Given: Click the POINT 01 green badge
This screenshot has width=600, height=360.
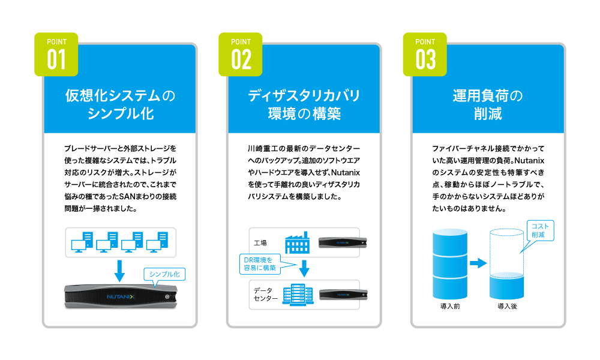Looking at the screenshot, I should tap(56, 54).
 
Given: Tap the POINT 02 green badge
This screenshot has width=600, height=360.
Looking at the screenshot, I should tap(240, 54).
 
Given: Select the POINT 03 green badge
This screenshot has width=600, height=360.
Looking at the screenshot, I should tap(424, 54).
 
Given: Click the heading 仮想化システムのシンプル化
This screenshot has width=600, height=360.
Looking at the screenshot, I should tap(120, 104).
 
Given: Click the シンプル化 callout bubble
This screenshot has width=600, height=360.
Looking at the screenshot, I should tap(164, 274).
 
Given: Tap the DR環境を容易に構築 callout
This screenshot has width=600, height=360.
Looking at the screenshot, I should tap(260, 263).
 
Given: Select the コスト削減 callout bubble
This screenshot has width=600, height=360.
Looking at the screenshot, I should tap(539, 230).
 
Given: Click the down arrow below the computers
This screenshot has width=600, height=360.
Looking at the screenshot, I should tap(119, 270).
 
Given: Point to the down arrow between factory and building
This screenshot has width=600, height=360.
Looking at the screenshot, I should tap(304, 268).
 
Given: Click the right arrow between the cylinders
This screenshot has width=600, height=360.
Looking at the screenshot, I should tap(478, 263).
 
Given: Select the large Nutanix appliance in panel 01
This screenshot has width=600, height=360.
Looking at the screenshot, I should tap(120, 297).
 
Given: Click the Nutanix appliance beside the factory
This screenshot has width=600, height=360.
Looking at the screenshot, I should tap(341, 242).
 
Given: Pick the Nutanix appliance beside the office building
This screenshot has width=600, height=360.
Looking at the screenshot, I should tap(341, 295).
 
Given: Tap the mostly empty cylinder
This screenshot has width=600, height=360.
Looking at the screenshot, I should tap(506, 264).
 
